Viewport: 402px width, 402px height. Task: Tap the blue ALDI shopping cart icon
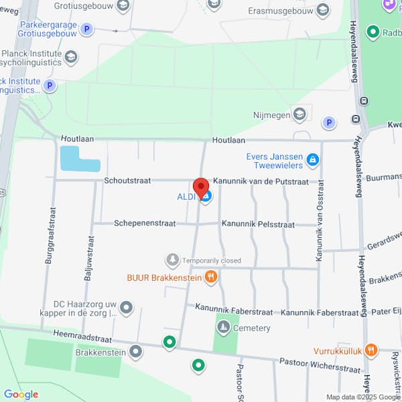(x=207, y=196)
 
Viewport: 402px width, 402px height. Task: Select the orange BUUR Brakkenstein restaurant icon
(x=211, y=276)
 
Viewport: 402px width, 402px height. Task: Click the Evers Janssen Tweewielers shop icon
(x=312, y=160)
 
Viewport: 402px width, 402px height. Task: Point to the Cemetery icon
(x=222, y=328)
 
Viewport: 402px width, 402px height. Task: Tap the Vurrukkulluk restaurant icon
(x=372, y=350)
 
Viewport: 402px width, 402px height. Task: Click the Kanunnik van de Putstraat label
(x=261, y=182)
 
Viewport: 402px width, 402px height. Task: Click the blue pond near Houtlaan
(x=79, y=159)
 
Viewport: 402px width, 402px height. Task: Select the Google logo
(x=21, y=394)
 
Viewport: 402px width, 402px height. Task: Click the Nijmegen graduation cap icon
(x=299, y=115)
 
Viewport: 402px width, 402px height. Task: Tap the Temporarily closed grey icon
(x=173, y=259)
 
